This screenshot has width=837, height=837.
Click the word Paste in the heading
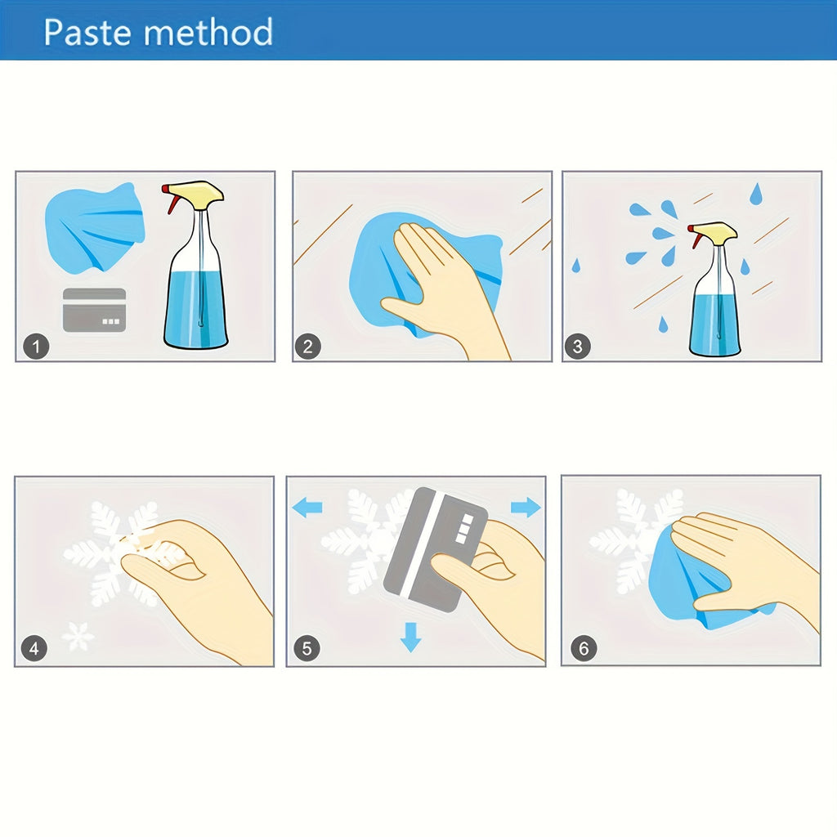pyautogui.click(x=87, y=32)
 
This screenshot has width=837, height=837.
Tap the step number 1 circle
pyautogui.click(x=36, y=347)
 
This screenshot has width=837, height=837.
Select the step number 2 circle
pyautogui.click(x=308, y=347)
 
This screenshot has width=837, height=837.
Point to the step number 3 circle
pyautogui.click(x=578, y=347)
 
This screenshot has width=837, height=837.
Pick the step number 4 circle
pyautogui.click(x=34, y=648)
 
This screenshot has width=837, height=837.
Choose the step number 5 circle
pyautogui.click(x=307, y=648)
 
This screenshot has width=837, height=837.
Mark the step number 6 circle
pyautogui.click(x=584, y=648)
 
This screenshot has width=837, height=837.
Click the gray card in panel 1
pyautogui.click(x=95, y=310)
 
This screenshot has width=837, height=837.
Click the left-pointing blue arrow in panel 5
pyautogui.click(x=307, y=507)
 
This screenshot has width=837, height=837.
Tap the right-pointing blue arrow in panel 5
pyautogui.click(x=526, y=507)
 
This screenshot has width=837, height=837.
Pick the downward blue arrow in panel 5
pyautogui.click(x=410, y=638)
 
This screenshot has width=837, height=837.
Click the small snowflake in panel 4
pyautogui.click(x=78, y=636)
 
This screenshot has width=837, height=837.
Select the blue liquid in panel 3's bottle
pyautogui.click(x=714, y=323)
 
